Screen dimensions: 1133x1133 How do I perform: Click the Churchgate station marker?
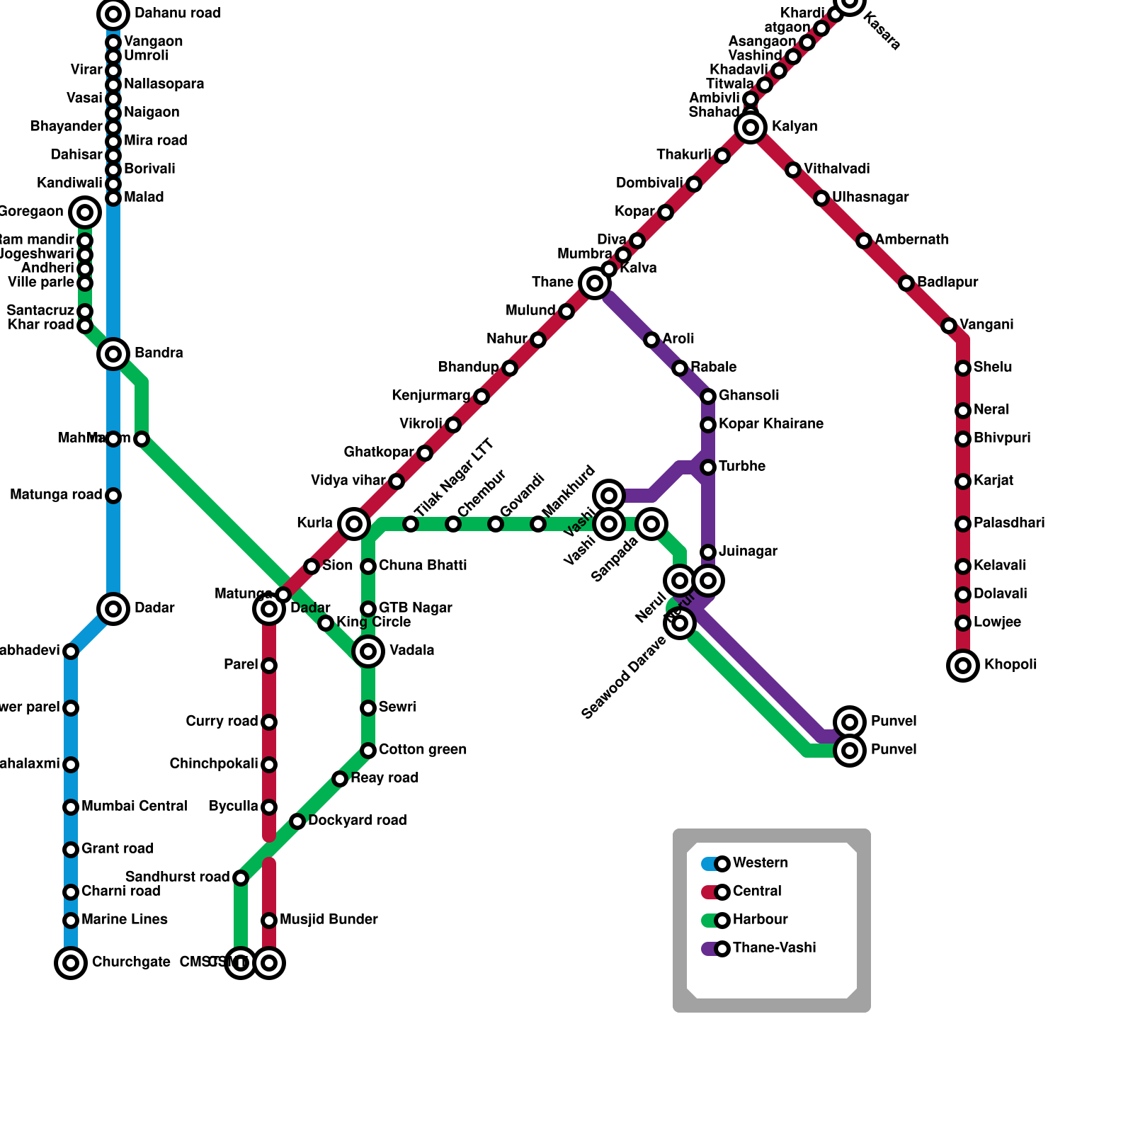[71, 963]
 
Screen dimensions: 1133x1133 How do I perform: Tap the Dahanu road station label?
[177, 13]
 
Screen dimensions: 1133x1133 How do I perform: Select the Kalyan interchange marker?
[751, 127]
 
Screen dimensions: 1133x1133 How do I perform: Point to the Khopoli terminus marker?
[963, 666]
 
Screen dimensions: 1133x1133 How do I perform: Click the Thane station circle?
[595, 283]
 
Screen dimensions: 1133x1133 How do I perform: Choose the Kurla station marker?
[354, 524]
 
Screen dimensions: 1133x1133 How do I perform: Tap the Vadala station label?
[412, 651]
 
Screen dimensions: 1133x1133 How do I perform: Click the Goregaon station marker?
[85, 212]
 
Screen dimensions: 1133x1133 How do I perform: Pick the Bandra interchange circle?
[113, 353]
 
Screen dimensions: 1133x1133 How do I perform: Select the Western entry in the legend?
[759, 863]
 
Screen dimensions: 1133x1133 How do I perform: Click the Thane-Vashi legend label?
[774, 948]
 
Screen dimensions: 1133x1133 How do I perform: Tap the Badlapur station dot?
[906, 283]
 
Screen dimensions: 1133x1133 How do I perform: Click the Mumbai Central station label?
[134, 807]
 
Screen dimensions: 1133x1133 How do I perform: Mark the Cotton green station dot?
[368, 751]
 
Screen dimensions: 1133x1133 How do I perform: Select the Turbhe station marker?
[708, 467]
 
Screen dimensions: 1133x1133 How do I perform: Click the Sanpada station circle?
[651, 524]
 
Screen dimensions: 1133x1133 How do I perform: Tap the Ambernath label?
[911, 240]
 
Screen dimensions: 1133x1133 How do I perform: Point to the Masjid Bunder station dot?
[269, 921]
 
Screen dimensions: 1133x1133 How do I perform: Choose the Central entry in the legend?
[756, 892]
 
